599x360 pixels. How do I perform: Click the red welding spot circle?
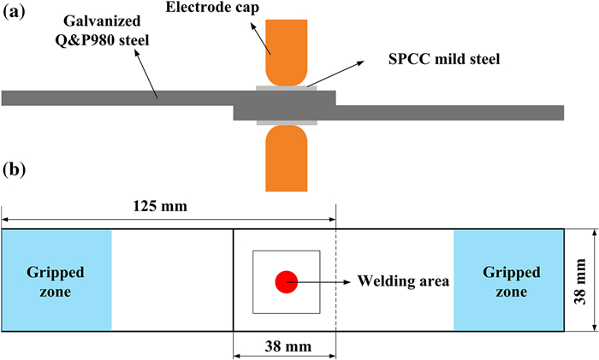tap(286, 281)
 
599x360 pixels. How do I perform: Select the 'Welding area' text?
tap(399, 281)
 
